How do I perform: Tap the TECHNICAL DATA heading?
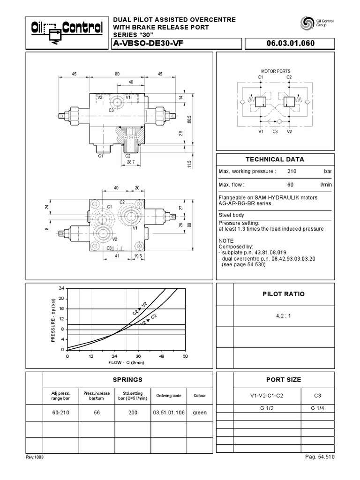[275, 159]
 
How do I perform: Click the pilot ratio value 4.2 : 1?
[284, 315]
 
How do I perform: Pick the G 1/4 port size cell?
[318, 408]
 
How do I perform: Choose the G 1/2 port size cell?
[266, 408]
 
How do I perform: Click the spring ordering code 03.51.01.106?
[169, 412]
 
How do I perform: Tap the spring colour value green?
[199, 412]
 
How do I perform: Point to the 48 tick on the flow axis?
[161, 356]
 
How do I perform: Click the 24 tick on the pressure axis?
[61, 288]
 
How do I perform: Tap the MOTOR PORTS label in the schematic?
[275, 71]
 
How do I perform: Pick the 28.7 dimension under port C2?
[131, 162]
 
